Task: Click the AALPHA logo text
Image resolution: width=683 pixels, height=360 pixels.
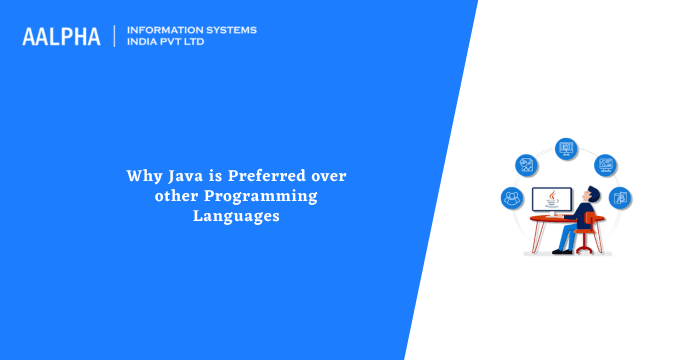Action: pyautogui.click(x=61, y=36)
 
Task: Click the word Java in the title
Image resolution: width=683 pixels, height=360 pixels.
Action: pyautogui.click(x=176, y=176)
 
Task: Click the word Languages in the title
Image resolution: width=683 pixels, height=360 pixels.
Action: pyautogui.click(x=235, y=215)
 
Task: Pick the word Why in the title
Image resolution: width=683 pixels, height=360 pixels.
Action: pyautogui.click(x=140, y=176)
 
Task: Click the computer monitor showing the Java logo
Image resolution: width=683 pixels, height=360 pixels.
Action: pyautogui.click(x=551, y=198)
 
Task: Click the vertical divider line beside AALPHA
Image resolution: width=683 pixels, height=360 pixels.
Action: pyautogui.click(x=116, y=36)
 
